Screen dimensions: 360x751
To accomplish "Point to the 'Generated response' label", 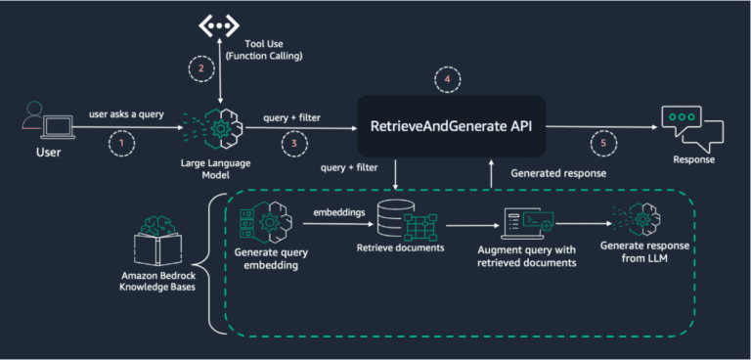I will (557, 173).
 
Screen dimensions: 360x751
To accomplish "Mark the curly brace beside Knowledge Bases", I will (211, 260).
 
